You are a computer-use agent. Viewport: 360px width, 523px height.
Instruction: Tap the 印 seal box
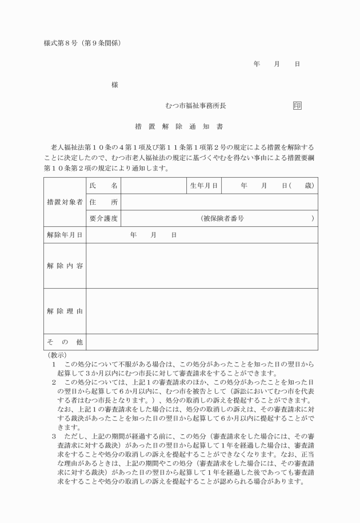(x=297, y=106)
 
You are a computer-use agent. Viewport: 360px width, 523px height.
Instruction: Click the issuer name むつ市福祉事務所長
(x=196, y=106)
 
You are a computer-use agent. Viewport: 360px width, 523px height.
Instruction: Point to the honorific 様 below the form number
(x=115, y=85)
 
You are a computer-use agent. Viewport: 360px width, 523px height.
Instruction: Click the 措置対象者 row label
(x=65, y=202)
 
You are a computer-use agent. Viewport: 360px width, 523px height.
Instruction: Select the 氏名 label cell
(x=103, y=186)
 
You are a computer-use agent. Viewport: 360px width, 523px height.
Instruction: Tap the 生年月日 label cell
(x=204, y=186)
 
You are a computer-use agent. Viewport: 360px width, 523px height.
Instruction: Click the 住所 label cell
(x=103, y=202)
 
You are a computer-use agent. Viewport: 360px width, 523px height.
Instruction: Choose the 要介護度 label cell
(x=103, y=218)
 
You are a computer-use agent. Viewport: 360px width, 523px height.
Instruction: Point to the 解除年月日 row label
(x=65, y=235)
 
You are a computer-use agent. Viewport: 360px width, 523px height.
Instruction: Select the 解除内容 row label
(x=65, y=266)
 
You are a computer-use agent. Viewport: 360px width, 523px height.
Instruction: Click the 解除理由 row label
(x=65, y=311)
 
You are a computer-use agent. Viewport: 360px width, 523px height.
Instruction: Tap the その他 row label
(x=65, y=342)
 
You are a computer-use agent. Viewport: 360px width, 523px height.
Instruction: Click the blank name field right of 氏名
(x=154, y=186)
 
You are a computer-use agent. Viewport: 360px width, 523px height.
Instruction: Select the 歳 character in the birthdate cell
(x=308, y=186)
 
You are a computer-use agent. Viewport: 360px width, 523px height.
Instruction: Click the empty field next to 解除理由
(x=202, y=311)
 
